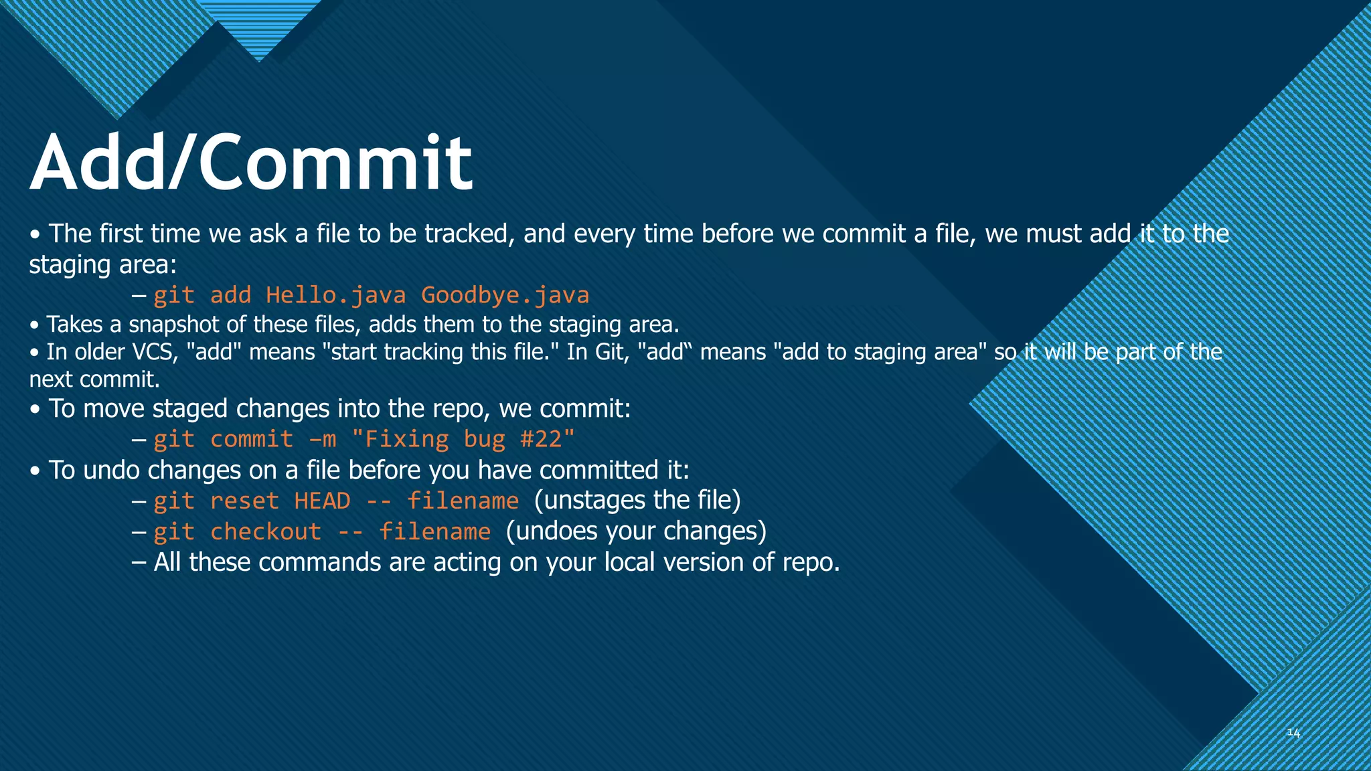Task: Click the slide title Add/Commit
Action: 251,163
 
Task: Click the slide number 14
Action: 1293,733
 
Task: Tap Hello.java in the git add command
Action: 335,295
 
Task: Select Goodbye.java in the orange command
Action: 505,295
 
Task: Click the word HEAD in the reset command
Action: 322,501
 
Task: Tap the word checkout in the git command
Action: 266,531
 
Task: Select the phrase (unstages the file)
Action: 637,500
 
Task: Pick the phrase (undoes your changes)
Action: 636,531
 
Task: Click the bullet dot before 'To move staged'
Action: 35,410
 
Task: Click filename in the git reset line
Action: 463,501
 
